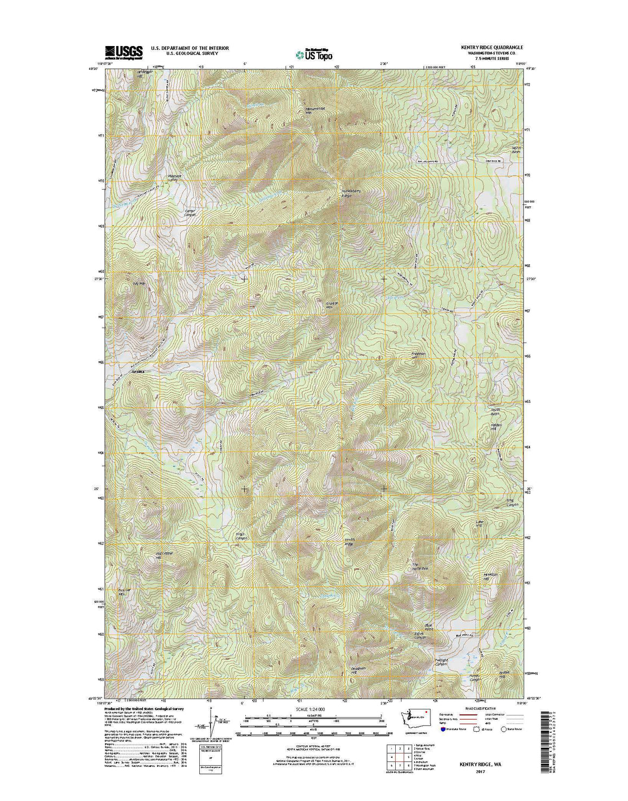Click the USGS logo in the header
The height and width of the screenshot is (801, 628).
(x=124, y=51)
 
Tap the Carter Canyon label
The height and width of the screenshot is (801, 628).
(x=189, y=212)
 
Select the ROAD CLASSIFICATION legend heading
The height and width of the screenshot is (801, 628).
(x=476, y=708)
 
